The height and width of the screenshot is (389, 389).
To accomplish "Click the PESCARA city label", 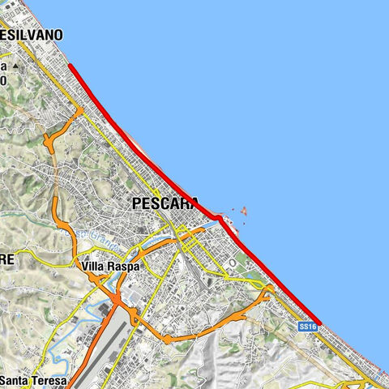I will tap(165, 205).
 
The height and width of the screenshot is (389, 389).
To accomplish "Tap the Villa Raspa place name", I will tap(111, 266).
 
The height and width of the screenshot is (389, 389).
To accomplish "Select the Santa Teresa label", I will tap(34, 380).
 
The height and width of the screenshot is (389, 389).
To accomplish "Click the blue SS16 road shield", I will tap(306, 327).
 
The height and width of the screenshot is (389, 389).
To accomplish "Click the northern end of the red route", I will tap(71, 66).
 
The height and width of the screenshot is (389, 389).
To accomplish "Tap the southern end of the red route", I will tap(320, 323).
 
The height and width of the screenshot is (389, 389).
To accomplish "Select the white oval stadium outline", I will tap(233, 263).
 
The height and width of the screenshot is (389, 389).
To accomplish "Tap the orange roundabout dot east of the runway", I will tap(166, 338).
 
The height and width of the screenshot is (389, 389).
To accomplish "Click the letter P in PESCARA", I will tap(137, 205).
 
